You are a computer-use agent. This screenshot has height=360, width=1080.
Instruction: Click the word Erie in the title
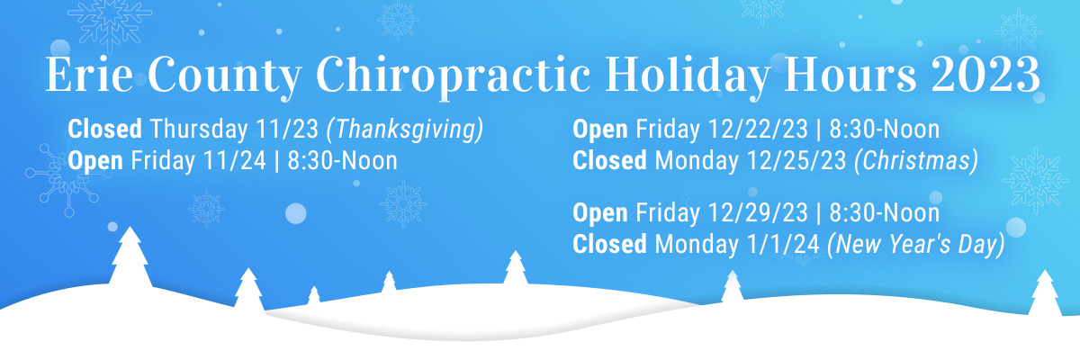(90, 75)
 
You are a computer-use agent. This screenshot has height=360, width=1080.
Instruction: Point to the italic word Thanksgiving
(405, 130)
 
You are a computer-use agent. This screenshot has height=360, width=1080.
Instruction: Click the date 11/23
(287, 130)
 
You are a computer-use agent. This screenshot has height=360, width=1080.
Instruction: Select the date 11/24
(235, 160)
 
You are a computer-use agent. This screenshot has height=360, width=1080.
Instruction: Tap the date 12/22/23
(758, 130)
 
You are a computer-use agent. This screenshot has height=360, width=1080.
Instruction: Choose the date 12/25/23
(796, 160)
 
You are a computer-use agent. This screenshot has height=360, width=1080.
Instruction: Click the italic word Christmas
(916, 161)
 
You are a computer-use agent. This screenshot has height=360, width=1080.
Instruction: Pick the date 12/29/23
(758, 213)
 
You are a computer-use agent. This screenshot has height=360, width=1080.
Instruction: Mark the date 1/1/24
(783, 244)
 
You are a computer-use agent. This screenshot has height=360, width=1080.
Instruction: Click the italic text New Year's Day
(916, 245)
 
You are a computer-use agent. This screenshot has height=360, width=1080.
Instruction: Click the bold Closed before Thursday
(105, 130)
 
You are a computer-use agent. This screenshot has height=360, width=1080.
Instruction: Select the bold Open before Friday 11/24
(95, 161)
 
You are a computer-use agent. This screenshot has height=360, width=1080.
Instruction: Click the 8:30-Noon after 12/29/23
(884, 213)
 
